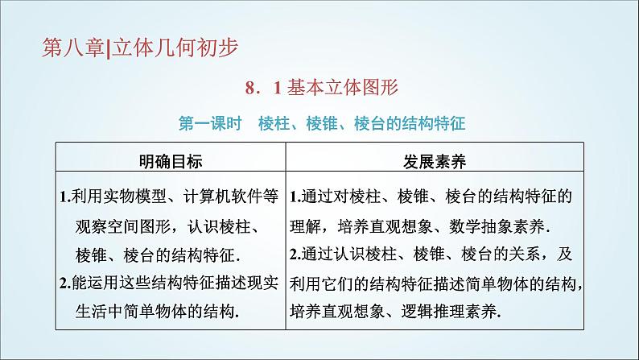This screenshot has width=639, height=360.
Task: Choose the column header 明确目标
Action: click(170, 161)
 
